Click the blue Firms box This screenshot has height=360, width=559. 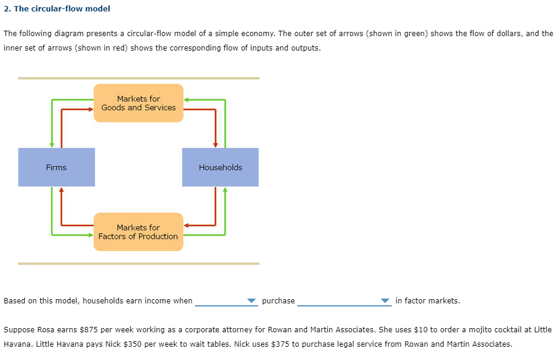click(x=57, y=167)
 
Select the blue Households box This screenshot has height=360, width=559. click(x=220, y=167)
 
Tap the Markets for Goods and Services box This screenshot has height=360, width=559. click(x=138, y=103)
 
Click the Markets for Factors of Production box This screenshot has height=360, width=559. click(x=138, y=232)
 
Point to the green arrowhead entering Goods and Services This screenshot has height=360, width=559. click(x=187, y=99)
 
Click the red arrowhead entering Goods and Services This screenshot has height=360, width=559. click(x=90, y=110)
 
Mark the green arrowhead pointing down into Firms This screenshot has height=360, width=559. click(x=52, y=144)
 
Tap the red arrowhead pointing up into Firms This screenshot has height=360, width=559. click(x=61, y=190)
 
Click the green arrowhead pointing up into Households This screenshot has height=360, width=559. click(x=225, y=190)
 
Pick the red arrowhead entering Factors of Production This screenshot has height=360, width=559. click(x=187, y=225)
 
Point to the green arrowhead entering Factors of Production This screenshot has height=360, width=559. click(x=90, y=235)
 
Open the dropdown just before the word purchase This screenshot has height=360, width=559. click(x=226, y=301)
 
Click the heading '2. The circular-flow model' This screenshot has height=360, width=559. click(x=57, y=8)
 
